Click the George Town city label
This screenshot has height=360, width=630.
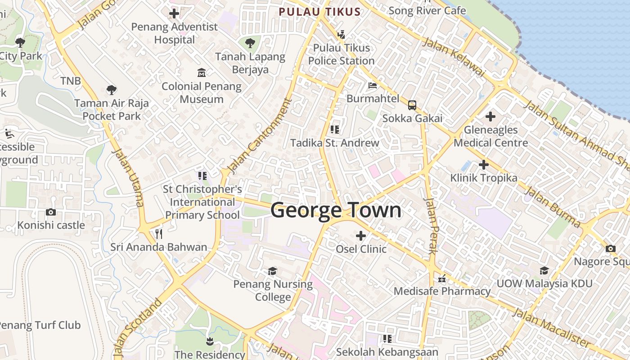pos(336,211)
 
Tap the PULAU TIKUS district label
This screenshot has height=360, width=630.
pos(319,12)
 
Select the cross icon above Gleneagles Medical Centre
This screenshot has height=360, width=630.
pos(490,117)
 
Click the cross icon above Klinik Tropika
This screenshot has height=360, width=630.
pos(484,165)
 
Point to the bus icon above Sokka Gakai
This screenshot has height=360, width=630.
pos(412,105)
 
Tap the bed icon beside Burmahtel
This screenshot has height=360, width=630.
pos(373,85)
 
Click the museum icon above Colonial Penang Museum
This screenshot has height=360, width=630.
pos(202,73)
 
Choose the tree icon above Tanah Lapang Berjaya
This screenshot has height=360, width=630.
pos(250,44)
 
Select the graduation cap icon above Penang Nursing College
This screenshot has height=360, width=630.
pos(273,271)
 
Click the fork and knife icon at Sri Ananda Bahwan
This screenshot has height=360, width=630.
pos(158,234)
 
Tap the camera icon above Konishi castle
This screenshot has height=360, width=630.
pos(51,212)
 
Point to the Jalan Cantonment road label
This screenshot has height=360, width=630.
pos(259,136)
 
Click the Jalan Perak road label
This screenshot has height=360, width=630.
pos(431,225)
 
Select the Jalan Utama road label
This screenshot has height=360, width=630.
pos(127,177)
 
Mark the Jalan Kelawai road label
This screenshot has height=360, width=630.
pos(454,57)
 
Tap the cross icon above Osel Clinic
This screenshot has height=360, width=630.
pos(361,235)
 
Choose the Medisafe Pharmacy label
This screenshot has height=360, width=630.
pos(442,291)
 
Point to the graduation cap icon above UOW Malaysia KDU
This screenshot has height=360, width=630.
pos(544,270)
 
